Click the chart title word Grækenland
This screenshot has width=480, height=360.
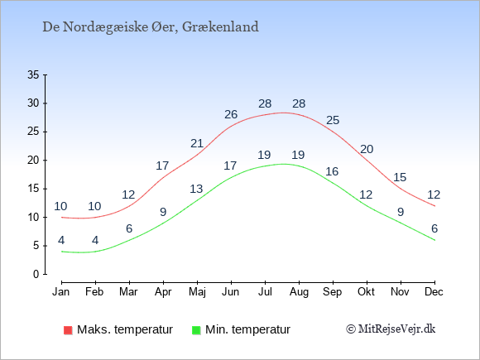click(220, 27)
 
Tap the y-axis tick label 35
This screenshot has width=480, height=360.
click(33, 74)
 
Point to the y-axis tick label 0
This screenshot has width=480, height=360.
click(36, 274)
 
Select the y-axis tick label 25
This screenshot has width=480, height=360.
click(33, 132)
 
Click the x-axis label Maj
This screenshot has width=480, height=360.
click(197, 292)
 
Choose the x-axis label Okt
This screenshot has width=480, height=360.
click(366, 292)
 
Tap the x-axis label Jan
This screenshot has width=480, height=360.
click(61, 292)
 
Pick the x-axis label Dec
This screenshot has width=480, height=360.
click(434, 292)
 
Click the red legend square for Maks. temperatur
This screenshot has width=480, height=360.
click(68, 330)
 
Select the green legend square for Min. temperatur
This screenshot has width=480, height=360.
click(196, 330)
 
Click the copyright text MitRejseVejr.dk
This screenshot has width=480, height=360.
click(396, 329)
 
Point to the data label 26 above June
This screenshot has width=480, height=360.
click(231, 114)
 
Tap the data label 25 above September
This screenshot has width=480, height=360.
click(333, 120)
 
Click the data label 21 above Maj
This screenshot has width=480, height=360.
click(197, 143)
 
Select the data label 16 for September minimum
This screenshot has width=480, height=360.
click(332, 171)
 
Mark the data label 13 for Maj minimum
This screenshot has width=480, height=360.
click(196, 189)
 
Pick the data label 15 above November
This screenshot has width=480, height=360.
click(400, 177)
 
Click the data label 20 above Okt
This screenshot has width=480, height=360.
click(367, 149)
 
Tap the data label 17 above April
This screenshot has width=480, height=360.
click(162, 166)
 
